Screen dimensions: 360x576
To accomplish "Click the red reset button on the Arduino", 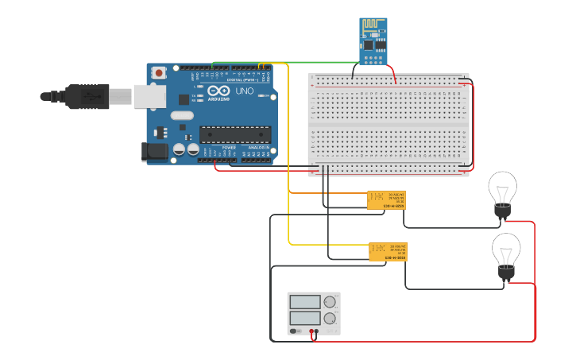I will point(159,73).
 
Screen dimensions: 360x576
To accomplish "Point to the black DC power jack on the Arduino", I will point(153,152).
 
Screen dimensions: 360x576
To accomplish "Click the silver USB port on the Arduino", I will point(149,96).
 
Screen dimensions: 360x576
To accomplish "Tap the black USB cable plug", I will point(88,96).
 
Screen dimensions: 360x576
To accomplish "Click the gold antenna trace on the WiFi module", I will point(373,28).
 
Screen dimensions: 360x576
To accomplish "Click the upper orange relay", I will point(386,199).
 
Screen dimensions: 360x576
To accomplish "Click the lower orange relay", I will point(388,251).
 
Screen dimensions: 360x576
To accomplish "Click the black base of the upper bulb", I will point(502,211).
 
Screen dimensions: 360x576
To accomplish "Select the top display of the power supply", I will point(305,302).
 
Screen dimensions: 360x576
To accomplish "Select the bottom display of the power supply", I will point(305,318).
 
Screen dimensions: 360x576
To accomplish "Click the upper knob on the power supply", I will point(330,302).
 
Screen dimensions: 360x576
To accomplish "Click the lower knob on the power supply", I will point(330,319).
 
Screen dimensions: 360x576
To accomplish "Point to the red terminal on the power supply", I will point(311,331).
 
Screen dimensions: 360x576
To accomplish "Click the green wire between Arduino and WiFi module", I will point(318,62).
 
